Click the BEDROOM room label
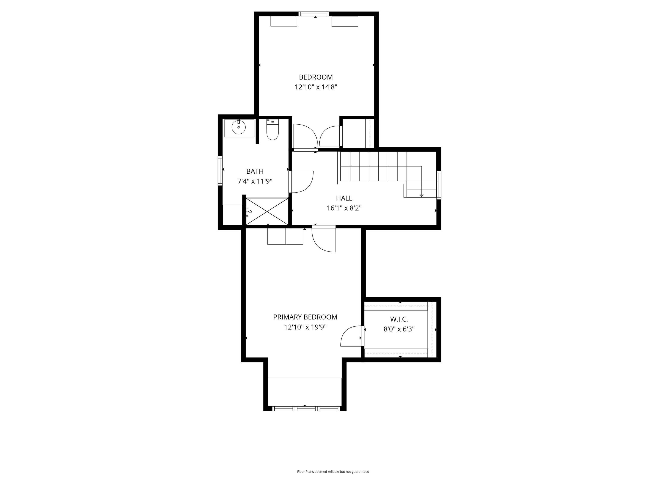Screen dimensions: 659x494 316,77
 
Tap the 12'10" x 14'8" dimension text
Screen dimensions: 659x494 316,87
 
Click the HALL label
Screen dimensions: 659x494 344,198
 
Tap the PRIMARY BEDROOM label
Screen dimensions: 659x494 305,317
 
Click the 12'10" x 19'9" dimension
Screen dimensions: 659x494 305,327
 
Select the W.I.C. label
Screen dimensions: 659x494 399,319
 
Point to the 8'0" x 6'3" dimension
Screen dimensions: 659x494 399,329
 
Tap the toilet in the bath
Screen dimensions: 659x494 272,130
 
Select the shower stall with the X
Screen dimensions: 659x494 267,211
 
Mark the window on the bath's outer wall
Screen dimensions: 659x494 220,171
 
